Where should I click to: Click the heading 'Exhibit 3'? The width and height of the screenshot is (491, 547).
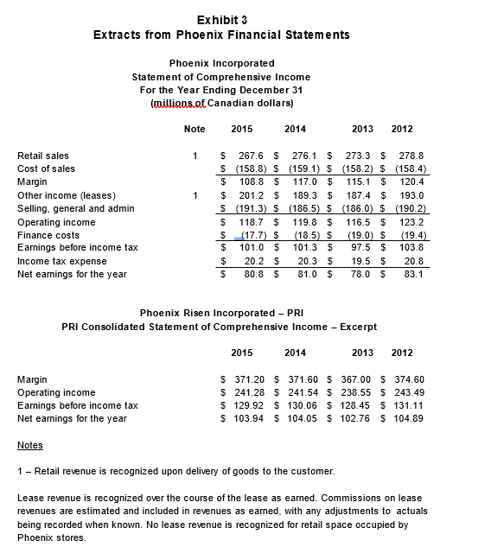tap(220, 19)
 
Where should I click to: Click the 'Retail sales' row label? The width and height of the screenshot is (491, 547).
tap(43, 156)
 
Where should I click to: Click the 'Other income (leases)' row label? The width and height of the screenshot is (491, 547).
tap(67, 195)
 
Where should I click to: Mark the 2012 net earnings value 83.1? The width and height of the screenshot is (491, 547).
tap(412, 274)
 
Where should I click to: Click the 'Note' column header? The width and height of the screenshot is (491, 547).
tap(195, 129)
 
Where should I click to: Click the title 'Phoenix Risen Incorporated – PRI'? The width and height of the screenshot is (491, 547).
tap(221, 313)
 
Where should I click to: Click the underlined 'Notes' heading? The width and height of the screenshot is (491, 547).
tap(30, 445)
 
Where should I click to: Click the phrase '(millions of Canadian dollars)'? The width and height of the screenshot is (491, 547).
tap(221, 104)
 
